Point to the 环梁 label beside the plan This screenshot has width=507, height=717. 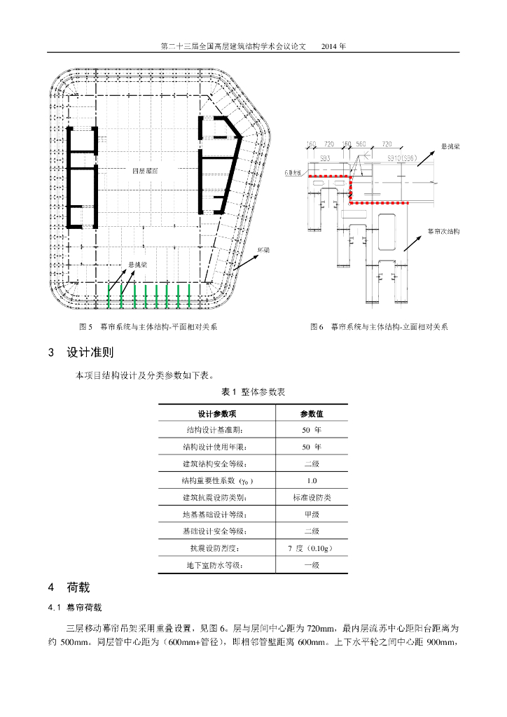(263, 249)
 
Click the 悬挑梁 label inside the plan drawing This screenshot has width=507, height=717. (137, 265)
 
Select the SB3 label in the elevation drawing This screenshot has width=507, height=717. (325, 159)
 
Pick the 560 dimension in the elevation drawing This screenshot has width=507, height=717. (361, 145)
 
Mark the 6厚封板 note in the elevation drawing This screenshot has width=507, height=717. (293, 171)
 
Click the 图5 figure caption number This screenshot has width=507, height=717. (86, 327)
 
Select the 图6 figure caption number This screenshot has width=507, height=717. (317, 327)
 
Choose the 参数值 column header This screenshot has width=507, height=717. (312, 414)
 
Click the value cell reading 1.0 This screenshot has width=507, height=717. (312, 481)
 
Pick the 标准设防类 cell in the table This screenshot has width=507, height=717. (312, 498)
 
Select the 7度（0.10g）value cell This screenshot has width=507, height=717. (312, 548)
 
